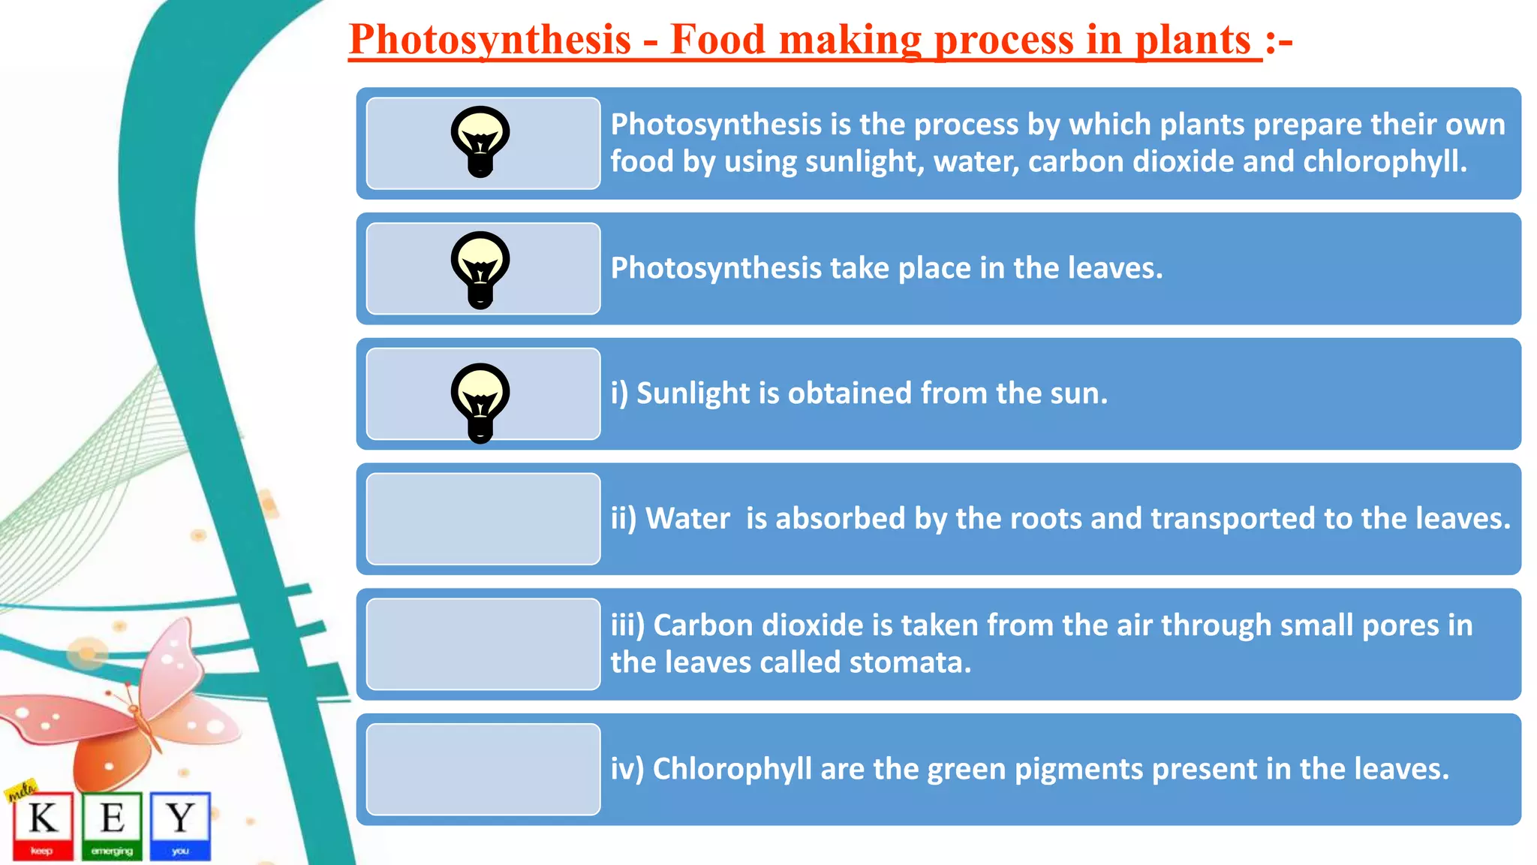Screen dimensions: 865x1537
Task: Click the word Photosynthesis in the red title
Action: [489, 39]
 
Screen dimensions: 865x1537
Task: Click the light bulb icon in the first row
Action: [480, 141]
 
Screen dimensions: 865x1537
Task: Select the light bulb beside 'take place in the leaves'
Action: [480, 269]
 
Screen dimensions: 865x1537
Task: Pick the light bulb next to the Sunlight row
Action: [480, 401]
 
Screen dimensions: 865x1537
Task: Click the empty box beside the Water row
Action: [483, 519]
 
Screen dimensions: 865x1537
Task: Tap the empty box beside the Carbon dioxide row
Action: [483, 644]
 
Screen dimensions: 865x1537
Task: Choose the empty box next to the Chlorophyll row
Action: [483, 770]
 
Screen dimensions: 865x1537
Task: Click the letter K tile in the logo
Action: [43, 824]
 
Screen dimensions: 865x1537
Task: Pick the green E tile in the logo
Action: [112, 824]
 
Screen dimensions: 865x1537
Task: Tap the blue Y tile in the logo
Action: [180, 824]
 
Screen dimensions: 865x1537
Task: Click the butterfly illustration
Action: [128, 713]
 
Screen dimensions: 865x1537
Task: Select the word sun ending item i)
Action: [1080, 393]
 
